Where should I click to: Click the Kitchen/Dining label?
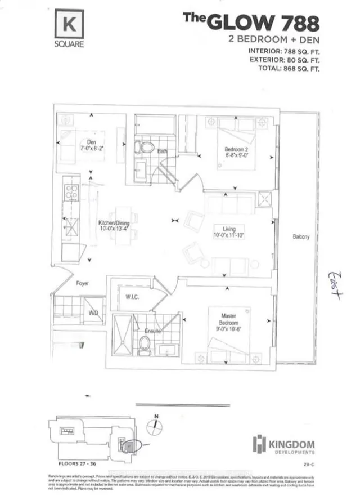pos(110,225)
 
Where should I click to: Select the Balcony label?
pos(300,237)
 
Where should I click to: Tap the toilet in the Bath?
pos(147,148)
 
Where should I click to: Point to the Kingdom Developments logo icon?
pos(259,444)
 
